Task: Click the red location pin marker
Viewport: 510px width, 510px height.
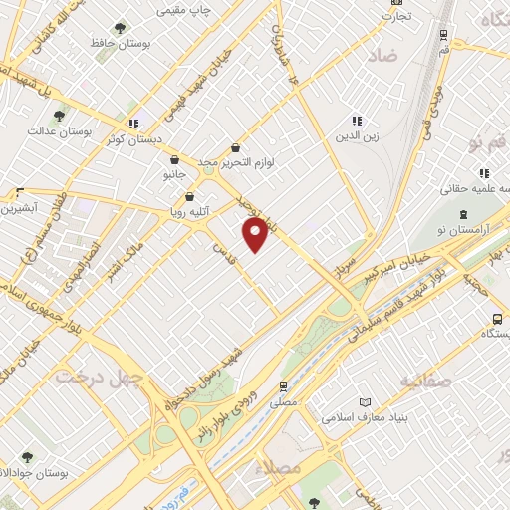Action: pyautogui.click(x=256, y=235)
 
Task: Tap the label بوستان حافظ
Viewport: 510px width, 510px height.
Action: pyautogui.click(x=113, y=44)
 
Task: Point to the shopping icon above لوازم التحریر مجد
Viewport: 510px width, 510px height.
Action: pyautogui.click(x=235, y=145)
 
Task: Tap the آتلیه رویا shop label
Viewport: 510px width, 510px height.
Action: pyautogui.click(x=187, y=211)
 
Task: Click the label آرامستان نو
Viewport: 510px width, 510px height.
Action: pyautogui.click(x=463, y=231)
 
